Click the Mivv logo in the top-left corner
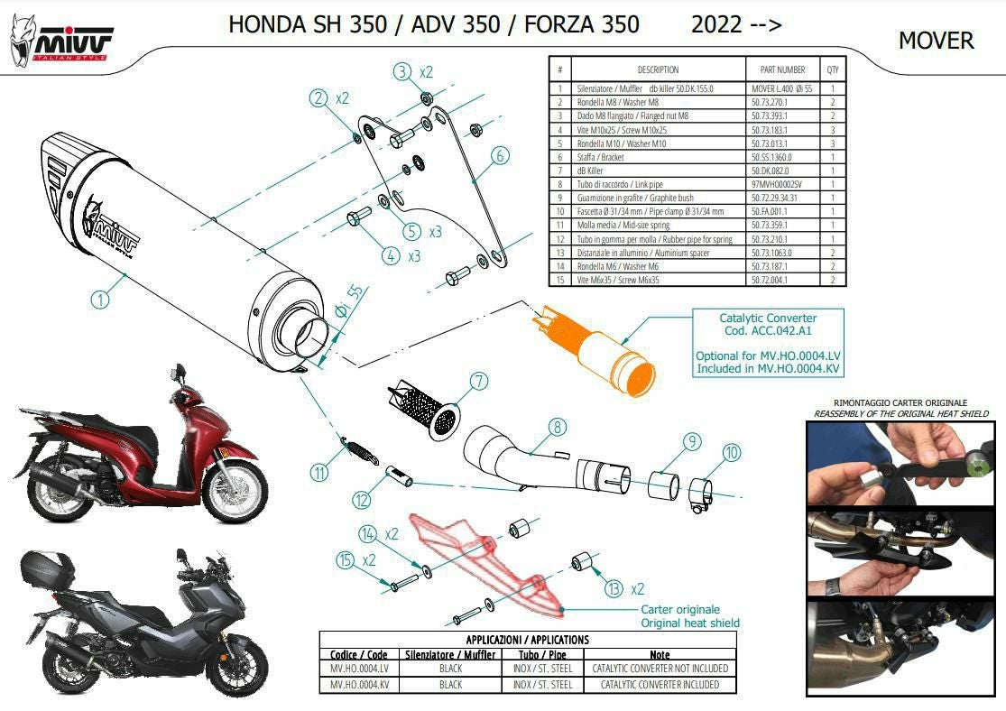pyautogui.click(x=61, y=41)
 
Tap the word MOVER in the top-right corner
pyautogui.click(x=936, y=41)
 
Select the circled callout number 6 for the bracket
pyautogui.click(x=500, y=155)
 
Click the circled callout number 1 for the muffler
pyautogui.click(x=99, y=299)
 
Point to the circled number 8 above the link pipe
pyautogui.click(x=557, y=427)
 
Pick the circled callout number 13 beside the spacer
pyautogui.click(x=614, y=588)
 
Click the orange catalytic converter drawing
pyautogui.click(x=594, y=350)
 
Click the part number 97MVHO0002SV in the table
pyautogui.click(x=776, y=184)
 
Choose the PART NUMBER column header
pyautogui.click(x=782, y=69)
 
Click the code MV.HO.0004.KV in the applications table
pyautogui.click(x=359, y=685)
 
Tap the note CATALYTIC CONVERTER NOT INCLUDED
pyautogui.click(x=660, y=668)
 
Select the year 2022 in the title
pyautogui.click(x=716, y=24)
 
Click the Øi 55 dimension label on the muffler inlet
pyautogui.click(x=349, y=302)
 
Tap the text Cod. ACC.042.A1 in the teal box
pyautogui.click(x=768, y=330)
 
